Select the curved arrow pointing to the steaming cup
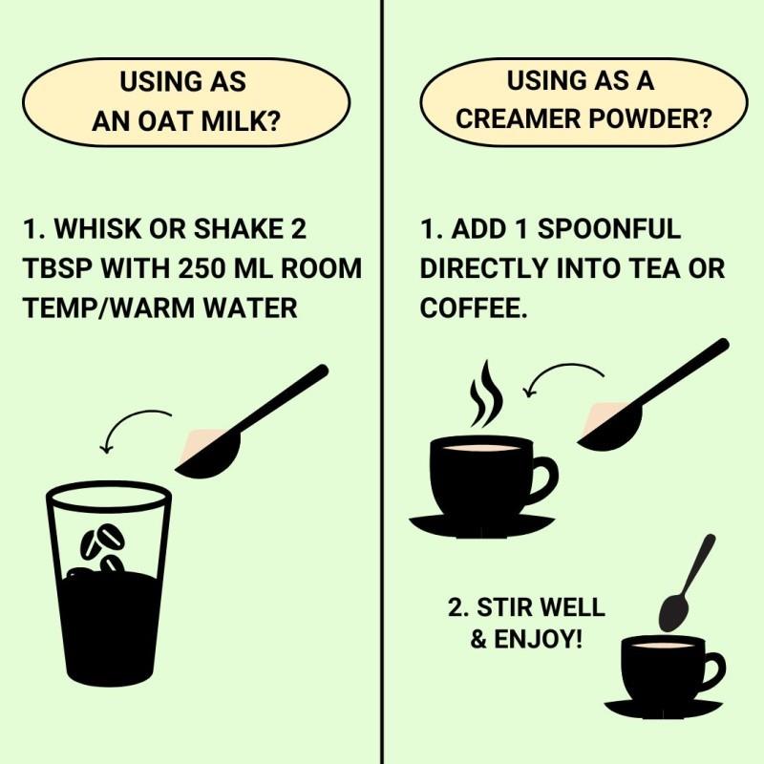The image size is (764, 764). click(x=560, y=375)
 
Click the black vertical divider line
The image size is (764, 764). click(x=383, y=382)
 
